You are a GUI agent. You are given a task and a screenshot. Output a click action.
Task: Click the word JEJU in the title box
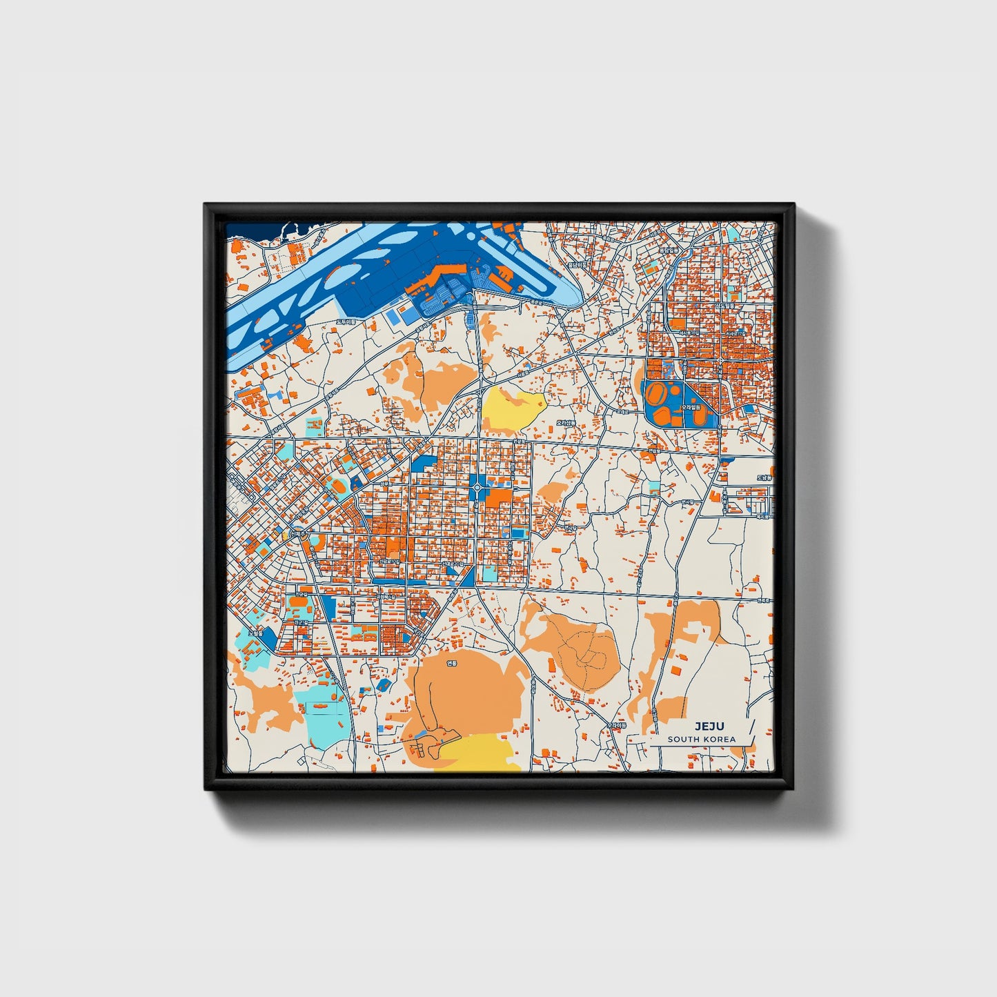(705, 726)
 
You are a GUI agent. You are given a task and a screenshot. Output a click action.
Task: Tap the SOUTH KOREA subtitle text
(701, 739)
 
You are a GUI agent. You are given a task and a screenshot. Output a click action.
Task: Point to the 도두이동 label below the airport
(346, 322)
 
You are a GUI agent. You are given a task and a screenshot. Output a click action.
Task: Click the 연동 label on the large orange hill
(452, 663)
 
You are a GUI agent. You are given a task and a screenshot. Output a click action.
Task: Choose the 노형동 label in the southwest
(256, 632)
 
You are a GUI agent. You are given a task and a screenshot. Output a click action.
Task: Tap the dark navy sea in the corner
(252, 230)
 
